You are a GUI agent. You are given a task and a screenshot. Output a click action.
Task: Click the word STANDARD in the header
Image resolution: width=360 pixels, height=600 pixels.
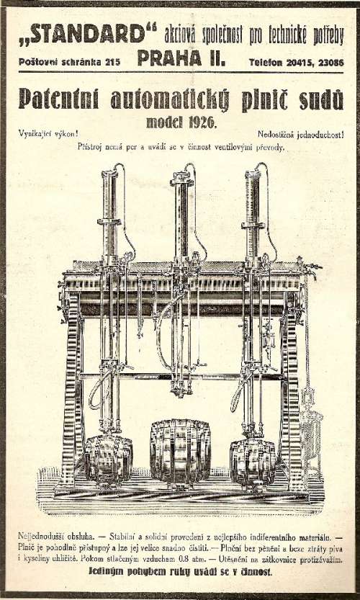coord(88,34)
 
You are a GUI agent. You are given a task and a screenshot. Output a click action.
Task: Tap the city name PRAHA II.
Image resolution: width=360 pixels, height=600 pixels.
coord(181,58)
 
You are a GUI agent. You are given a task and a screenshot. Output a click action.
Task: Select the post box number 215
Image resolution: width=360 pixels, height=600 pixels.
coord(112,62)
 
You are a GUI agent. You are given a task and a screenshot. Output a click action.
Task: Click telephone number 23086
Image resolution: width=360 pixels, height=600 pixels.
coord(330,62)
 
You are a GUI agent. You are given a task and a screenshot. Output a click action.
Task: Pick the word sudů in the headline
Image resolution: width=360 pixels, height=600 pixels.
coord(321,101)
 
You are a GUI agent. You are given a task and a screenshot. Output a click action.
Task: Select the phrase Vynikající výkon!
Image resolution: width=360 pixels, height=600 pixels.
coord(48,134)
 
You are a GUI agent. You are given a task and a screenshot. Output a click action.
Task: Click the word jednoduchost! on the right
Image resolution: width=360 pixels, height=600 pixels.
coord(320,134)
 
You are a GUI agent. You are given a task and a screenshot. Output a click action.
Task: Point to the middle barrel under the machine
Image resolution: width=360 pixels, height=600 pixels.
coord(180,451)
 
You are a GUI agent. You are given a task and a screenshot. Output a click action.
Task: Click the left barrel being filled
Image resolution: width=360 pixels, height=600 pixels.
coord(108,458)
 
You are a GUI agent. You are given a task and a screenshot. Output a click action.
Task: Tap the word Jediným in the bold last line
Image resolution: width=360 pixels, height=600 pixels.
coord(104,572)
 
